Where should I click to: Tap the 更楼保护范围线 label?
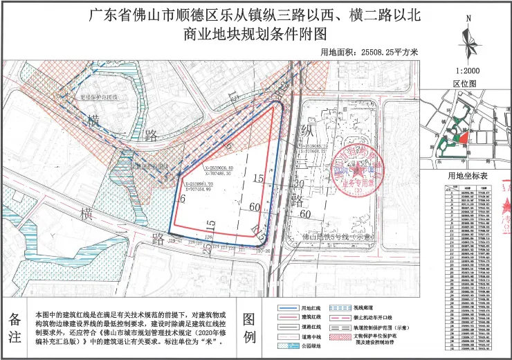101,98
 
